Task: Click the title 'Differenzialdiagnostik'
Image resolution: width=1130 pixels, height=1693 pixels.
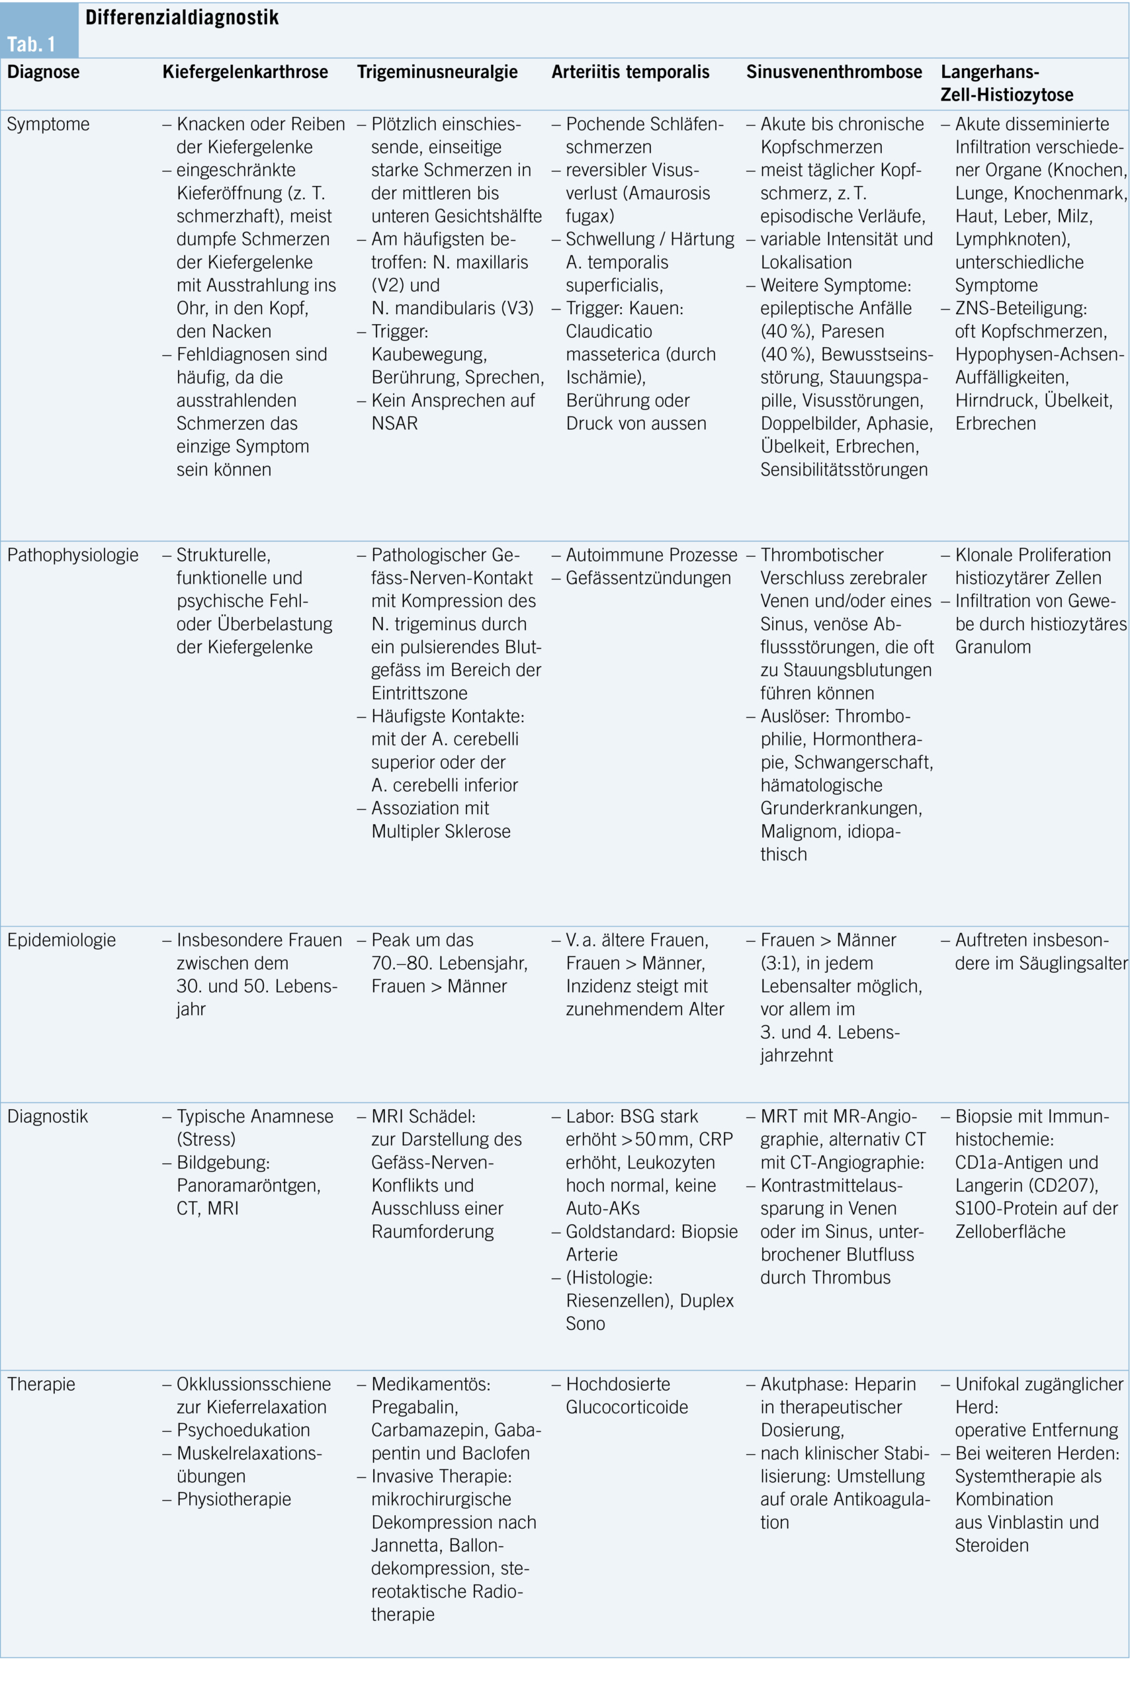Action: click(181, 17)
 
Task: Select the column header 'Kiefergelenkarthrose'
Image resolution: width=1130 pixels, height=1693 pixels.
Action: click(245, 72)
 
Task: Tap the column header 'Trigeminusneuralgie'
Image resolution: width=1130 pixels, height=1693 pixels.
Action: click(437, 72)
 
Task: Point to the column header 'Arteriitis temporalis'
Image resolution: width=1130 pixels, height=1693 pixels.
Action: click(630, 72)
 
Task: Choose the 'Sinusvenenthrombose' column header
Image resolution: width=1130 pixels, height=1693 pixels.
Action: click(834, 72)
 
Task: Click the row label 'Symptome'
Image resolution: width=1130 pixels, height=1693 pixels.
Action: click(48, 124)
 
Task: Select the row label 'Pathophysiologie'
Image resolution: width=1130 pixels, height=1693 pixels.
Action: click(73, 555)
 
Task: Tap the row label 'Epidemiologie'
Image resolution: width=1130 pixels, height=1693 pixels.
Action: click(62, 940)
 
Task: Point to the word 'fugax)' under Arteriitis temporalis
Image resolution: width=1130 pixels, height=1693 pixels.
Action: click(589, 216)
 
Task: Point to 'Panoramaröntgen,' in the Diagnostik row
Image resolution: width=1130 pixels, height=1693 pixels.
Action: click(249, 1185)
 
